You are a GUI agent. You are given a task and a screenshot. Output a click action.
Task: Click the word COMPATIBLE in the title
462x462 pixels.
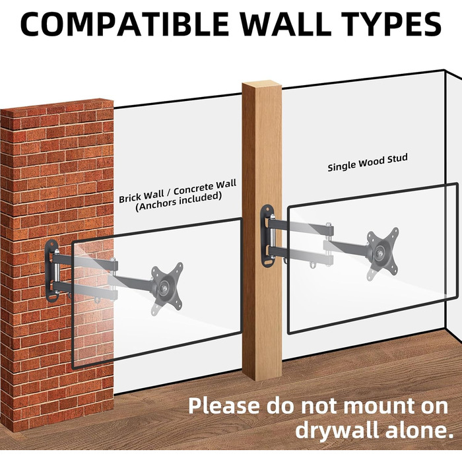coord(124,24)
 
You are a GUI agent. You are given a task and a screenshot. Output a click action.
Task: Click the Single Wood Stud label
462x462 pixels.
coord(368,162)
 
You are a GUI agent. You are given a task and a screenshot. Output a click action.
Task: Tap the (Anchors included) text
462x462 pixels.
coord(178,202)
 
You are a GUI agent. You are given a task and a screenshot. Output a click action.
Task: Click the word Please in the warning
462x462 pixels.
coord(224,406)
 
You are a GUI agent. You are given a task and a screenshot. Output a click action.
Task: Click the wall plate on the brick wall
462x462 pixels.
coord(51,271)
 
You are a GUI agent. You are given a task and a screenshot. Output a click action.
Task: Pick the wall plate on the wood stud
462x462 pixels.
coord(267,236)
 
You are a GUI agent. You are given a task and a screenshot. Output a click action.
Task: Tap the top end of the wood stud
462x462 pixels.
coord(261,84)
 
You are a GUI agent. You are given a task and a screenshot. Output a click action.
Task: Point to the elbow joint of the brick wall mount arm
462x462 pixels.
coord(114,279)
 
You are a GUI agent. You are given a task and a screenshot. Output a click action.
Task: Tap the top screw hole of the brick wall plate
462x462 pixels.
coord(52,245)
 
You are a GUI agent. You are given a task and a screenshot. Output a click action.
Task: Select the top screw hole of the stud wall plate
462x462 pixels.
coord(267,210)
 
